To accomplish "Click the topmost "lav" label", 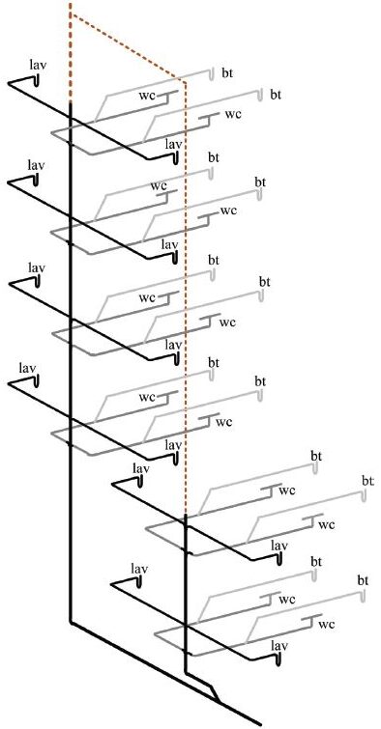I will pyautogui.click(x=39, y=65).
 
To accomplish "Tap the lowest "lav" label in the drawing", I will pyautogui.click(x=280, y=644).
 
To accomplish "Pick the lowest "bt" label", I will pyautogui.click(x=364, y=579).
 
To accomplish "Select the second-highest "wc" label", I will pyautogui.click(x=232, y=114).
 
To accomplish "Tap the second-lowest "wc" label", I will pyautogui.click(x=286, y=600).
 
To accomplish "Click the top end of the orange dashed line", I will pyautogui.click(x=71, y=4).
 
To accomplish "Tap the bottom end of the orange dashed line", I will pyautogui.click(x=185, y=515).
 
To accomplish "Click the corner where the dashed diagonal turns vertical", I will pyautogui.click(x=184, y=81).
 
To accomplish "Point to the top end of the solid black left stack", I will pyautogui.click(x=71, y=100).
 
